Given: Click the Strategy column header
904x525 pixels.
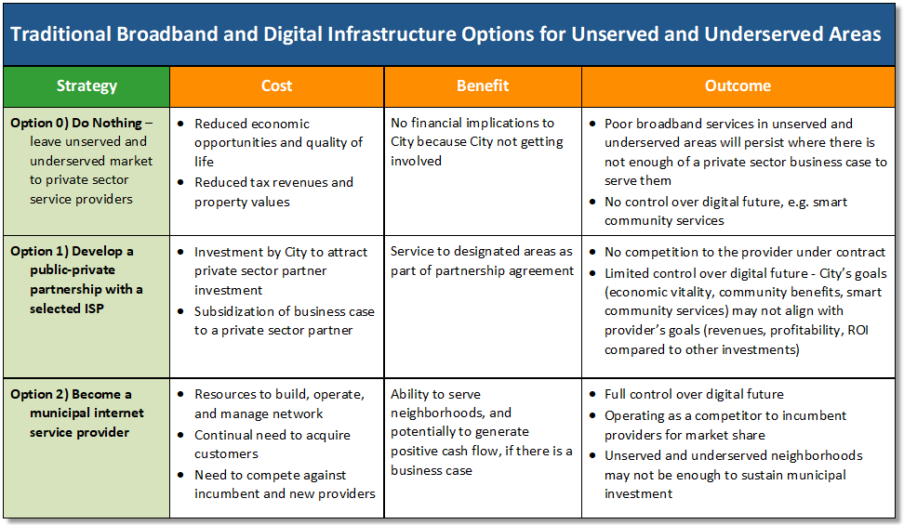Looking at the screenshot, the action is click(86, 85).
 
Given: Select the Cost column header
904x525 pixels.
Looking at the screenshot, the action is click(277, 85).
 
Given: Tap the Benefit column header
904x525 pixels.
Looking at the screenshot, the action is click(483, 85).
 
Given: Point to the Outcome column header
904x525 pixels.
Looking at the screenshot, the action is click(738, 85).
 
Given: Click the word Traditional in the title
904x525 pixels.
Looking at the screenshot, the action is click(60, 34).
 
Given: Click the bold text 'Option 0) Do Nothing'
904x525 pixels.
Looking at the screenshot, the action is click(76, 123).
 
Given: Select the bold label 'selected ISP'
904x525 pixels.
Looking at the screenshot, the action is click(67, 308).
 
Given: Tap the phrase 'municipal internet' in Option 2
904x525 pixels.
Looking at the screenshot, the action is click(87, 413).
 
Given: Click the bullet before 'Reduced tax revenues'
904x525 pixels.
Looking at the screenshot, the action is click(181, 182).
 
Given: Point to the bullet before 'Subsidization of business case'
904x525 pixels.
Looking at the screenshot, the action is click(181, 311).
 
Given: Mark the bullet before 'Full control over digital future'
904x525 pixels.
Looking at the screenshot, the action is click(592, 394).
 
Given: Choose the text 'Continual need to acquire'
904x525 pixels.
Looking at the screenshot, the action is click(273, 435).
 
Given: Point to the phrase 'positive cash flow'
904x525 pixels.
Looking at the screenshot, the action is click(445, 452).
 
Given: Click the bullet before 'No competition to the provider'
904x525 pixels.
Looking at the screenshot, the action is click(592, 252).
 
